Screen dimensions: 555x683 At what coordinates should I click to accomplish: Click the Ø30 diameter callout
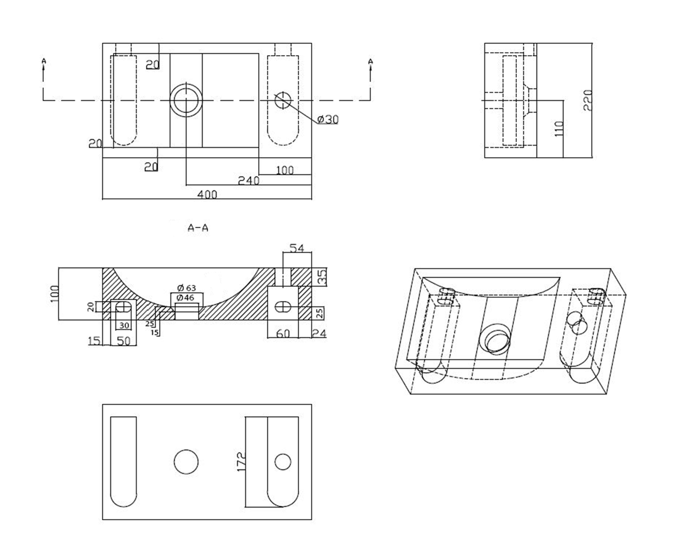328,119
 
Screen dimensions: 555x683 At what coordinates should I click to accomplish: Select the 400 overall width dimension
207,194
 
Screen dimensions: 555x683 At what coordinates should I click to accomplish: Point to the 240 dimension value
249,181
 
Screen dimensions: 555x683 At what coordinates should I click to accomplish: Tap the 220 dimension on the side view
587,100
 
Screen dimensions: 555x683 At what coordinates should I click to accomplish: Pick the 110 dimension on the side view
560,128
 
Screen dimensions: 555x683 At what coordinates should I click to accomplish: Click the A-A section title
198,228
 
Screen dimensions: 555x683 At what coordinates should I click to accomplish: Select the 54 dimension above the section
297,248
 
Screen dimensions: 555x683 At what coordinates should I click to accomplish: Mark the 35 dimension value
322,277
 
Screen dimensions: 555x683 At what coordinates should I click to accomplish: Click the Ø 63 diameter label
187,288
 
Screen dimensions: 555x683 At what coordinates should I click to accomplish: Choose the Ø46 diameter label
186,298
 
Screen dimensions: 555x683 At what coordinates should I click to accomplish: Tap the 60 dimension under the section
283,334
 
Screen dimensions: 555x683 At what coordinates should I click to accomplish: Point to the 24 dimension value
319,334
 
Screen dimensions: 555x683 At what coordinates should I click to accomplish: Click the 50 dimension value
124,341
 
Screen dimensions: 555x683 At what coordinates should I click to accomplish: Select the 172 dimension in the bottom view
241,461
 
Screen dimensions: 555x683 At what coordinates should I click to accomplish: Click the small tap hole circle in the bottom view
283,462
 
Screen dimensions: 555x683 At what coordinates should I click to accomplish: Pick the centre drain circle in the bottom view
186,462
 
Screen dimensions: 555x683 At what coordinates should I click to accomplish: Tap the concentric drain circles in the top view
186,100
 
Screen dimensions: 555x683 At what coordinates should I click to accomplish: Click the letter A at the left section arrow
44,60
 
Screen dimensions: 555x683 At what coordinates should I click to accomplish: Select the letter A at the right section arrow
371,61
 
